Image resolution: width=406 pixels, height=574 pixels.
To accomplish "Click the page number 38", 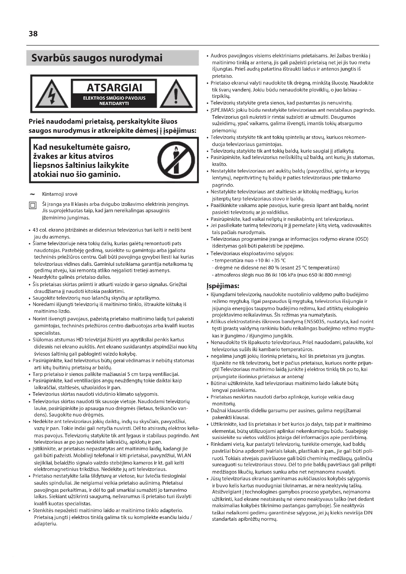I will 33,34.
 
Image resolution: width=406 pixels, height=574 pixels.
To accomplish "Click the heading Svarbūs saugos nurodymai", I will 97,58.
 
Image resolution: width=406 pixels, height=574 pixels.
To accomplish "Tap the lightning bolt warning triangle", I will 52,94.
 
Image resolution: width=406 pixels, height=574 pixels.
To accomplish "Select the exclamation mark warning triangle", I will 176,94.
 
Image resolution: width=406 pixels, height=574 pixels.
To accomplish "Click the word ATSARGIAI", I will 114,88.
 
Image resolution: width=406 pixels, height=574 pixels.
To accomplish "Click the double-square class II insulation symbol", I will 33,205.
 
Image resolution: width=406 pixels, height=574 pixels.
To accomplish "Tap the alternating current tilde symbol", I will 32,194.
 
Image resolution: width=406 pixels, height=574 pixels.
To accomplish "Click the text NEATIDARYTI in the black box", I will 114,104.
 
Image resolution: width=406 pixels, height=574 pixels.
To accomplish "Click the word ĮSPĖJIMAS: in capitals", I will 222,110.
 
